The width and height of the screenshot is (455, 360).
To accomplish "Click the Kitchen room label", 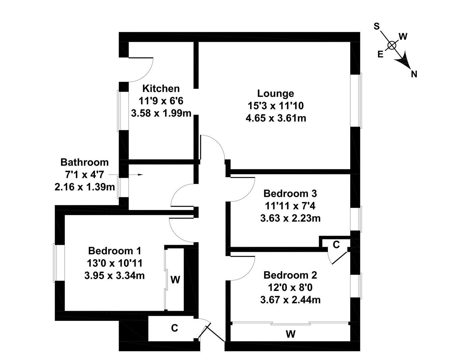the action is (161, 89).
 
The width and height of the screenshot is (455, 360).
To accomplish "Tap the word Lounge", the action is (275, 93).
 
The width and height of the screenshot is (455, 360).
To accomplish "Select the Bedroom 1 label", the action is (114, 251).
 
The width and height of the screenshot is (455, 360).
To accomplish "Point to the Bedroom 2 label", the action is (290, 275).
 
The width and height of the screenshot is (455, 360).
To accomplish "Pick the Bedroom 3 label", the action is (290, 193).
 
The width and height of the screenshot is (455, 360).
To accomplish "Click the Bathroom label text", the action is (84, 162).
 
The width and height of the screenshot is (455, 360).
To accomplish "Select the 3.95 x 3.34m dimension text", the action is (114, 275).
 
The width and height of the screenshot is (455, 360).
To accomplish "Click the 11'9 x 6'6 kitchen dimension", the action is (161, 101).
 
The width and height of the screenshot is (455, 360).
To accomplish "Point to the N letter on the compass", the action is (414, 74).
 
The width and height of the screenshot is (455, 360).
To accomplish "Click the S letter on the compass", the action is (377, 26).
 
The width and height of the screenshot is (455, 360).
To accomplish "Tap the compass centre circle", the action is (391, 45).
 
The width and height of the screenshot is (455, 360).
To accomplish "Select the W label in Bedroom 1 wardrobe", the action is (175, 279).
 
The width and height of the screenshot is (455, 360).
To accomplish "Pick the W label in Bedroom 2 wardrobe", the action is (291, 334).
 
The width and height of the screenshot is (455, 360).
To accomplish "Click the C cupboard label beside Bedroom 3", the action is (336, 245).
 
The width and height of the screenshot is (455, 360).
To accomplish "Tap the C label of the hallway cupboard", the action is (174, 328).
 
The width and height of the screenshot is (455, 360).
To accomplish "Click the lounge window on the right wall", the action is (356, 100).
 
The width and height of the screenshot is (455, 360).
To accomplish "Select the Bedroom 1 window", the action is (59, 263).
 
